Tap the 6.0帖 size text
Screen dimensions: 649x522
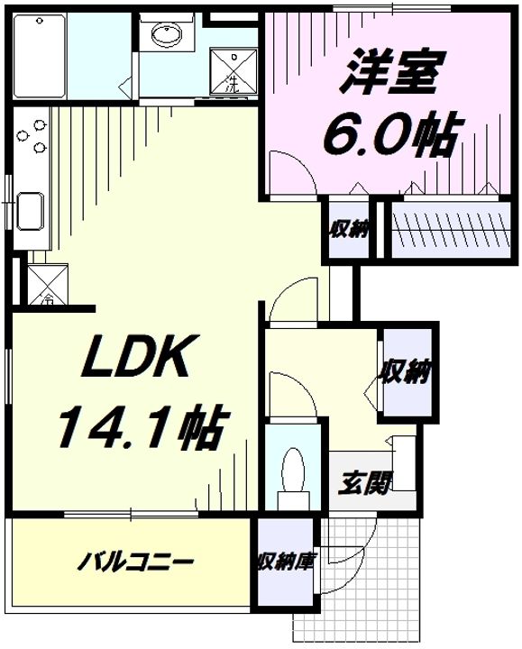(x=387, y=135)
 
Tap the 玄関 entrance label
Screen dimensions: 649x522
(x=366, y=485)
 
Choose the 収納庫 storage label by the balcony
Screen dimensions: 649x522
(x=286, y=562)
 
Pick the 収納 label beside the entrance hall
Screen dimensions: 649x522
(x=407, y=371)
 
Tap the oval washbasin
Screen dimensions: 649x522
(x=165, y=35)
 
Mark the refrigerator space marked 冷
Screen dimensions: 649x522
(x=41, y=287)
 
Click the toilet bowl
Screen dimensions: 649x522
(x=294, y=472)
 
